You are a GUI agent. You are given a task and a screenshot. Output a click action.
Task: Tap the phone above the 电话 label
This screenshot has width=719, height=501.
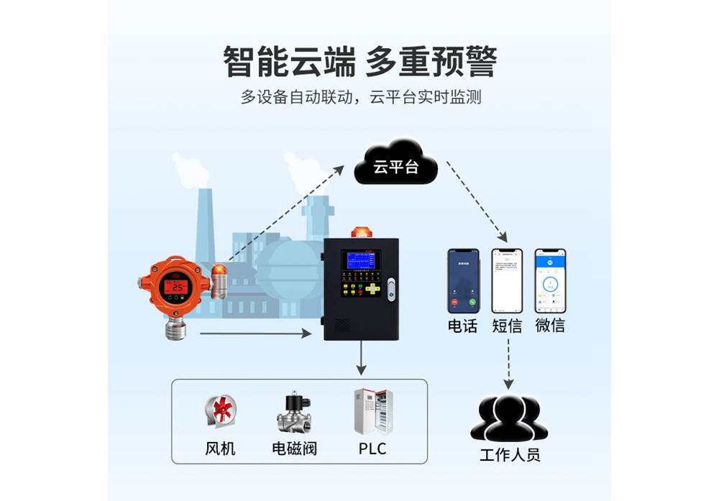pos(463,281)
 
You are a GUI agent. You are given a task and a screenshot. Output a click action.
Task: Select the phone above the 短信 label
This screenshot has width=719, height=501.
pos(507,281)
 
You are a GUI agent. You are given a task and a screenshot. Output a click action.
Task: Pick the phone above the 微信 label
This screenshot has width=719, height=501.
pos(550,281)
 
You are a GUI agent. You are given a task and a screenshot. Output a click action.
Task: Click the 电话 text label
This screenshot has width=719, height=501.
pos(463,326)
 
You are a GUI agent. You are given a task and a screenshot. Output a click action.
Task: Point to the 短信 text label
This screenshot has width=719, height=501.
pos(507,326)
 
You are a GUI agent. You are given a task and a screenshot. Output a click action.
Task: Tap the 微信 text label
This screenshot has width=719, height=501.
pos(550,326)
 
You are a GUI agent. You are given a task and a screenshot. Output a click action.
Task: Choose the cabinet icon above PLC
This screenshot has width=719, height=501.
pos(372,411)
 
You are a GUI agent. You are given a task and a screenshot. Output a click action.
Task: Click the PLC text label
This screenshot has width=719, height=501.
pos(372,449)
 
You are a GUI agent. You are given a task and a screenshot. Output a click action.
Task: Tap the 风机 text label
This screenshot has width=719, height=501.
pos(221,449)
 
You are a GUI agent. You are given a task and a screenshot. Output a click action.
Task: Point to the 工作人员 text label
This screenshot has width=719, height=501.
pos(509,455)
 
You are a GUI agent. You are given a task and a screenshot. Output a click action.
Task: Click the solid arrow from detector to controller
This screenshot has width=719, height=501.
pos(255,334)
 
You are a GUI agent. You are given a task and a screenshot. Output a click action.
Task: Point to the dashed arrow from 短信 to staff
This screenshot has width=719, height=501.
pos(509,363)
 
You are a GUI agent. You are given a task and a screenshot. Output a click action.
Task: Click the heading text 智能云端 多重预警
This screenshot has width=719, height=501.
pos(359,62)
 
